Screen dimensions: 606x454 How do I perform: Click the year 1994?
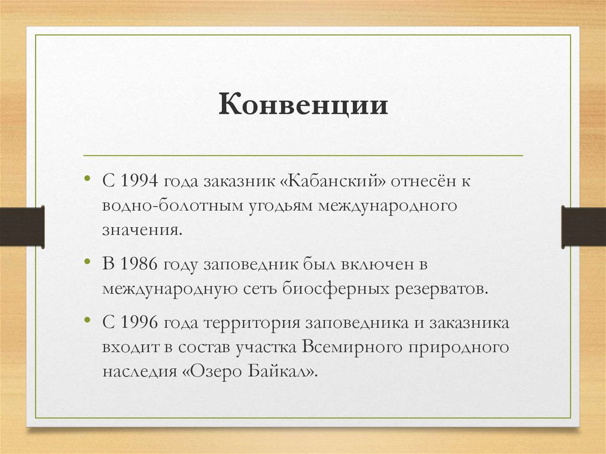[x=140, y=181]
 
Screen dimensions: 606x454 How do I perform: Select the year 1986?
[x=140, y=264]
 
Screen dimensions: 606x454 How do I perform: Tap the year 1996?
[x=140, y=323]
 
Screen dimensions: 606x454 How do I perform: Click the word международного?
[x=388, y=206]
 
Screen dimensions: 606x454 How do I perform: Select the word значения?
[x=142, y=230]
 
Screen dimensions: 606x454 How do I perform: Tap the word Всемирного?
[x=352, y=347]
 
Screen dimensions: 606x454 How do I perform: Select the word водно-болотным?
[x=173, y=205]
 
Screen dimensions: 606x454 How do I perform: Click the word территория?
[x=252, y=323]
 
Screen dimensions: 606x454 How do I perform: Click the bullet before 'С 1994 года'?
[x=88, y=178]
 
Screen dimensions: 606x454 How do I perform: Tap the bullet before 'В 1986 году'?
[x=88, y=262]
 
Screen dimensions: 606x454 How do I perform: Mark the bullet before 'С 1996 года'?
[x=88, y=320]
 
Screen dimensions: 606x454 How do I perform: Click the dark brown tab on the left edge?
[x=22, y=227]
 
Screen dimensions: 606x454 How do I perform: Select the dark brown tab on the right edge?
[x=584, y=227]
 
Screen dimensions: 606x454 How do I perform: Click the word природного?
[x=459, y=348]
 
